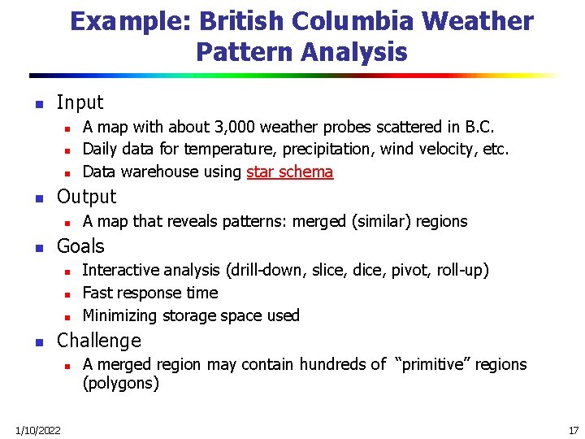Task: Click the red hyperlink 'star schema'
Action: pyautogui.click(x=289, y=172)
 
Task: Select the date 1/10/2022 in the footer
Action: pyautogui.click(x=37, y=430)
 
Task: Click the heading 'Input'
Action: pyautogui.click(x=80, y=102)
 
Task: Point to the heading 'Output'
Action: pyautogui.click(x=86, y=197)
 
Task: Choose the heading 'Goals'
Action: pyautogui.click(x=80, y=246)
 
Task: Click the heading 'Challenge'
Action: pyautogui.click(x=98, y=341)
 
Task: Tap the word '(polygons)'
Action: pyautogui.click(x=120, y=383)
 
